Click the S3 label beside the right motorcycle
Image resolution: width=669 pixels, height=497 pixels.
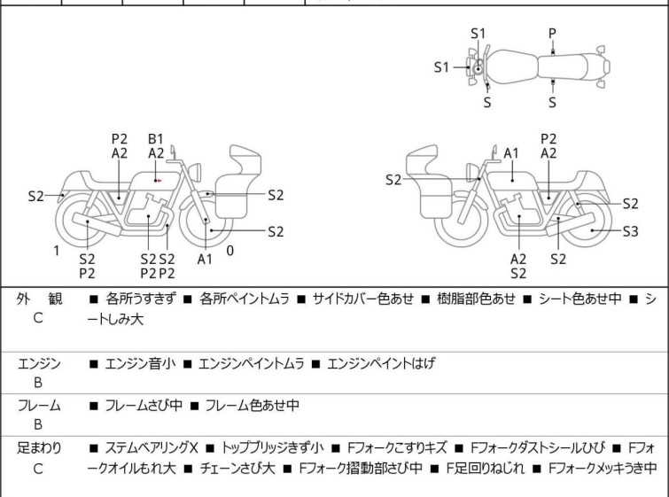(x=630, y=232)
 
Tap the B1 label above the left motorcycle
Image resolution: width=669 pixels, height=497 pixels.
(x=156, y=138)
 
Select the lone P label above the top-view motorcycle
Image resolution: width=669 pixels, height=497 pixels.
(x=552, y=34)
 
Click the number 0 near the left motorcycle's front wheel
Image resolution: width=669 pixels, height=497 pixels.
(x=229, y=251)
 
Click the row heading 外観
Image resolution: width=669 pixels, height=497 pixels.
(x=38, y=299)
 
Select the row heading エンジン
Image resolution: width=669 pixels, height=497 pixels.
(x=39, y=363)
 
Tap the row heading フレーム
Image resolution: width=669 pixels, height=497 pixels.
(x=39, y=406)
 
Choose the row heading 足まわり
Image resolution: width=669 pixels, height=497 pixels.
(x=39, y=448)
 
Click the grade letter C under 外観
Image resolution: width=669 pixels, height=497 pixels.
(x=38, y=317)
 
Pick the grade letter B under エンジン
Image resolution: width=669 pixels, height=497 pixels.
(x=38, y=381)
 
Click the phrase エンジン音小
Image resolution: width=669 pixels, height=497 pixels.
(x=139, y=363)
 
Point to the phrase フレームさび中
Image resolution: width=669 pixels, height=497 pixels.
(x=144, y=406)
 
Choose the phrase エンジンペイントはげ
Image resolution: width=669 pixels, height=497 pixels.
(x=388, y=363)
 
